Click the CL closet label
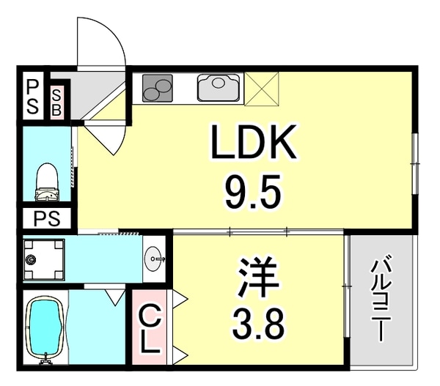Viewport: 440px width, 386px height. pos(150,331)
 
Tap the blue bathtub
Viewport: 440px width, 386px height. pos(46,329)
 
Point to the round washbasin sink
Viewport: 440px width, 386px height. pos(155,257)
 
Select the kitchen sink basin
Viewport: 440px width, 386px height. pos(219,88)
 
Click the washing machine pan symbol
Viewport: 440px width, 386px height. pos(43,259)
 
